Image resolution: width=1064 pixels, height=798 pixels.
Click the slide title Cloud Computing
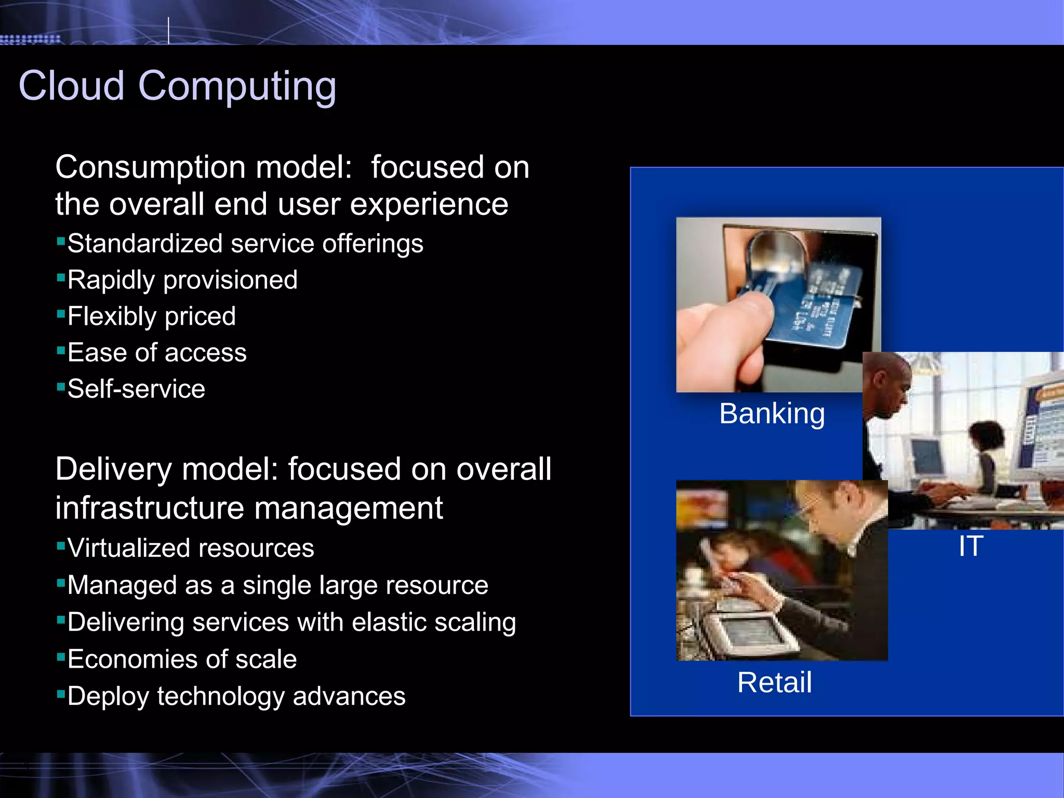(177, 86)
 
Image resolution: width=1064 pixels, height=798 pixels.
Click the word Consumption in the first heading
(150, 167)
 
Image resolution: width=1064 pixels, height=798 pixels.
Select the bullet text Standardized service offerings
(245, 244)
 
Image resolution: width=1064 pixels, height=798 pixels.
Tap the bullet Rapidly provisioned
(182, 280)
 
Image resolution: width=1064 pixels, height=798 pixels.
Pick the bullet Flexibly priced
(151, 316)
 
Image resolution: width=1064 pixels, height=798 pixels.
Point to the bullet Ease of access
(157, 353)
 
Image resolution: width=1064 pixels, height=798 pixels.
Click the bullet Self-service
(136, 389)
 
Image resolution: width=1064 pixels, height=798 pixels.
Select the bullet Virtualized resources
(191, 548)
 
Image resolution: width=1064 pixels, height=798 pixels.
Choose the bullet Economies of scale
(182, 659)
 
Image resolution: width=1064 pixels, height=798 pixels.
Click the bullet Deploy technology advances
(236, 696)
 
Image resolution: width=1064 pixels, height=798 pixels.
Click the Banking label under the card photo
(772, 414)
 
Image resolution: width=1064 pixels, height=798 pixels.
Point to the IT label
(970, 546)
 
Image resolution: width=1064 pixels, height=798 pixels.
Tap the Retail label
(774, 682)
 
